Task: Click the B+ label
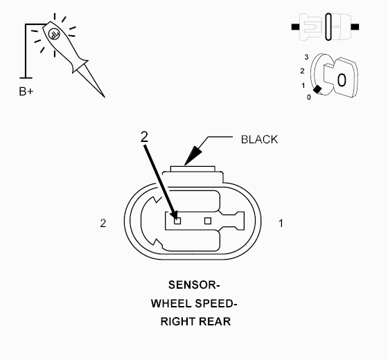26,91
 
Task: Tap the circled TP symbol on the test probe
54,34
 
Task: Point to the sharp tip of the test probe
105,97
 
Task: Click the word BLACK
259,139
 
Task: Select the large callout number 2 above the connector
144,137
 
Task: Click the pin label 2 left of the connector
103,223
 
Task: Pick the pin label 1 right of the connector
281,224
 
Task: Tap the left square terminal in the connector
177,221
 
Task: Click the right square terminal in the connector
208,221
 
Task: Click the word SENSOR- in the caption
194,285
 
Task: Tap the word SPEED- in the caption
216,303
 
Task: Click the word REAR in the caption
215,322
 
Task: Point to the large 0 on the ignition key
342,80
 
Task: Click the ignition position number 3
306,57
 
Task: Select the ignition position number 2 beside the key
302,71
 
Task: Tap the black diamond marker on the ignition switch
317,89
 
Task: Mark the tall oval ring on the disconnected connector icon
328,27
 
